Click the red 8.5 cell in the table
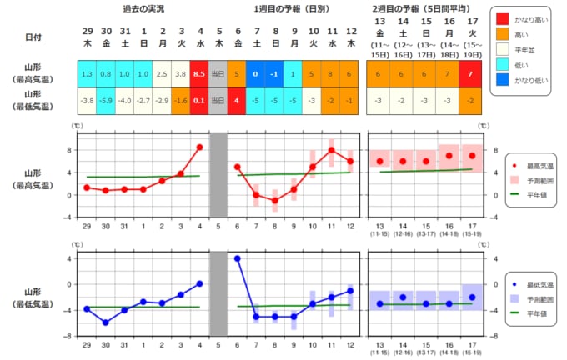199,72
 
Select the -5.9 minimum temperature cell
105,102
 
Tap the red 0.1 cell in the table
199,102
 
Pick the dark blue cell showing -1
274,72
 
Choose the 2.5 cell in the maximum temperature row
162,72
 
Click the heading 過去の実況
143,9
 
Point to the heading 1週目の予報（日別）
294,9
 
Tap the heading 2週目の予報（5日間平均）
425,9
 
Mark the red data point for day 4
199,147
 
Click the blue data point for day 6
237,258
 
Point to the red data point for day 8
274,201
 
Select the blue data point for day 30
105,322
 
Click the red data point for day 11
331,150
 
